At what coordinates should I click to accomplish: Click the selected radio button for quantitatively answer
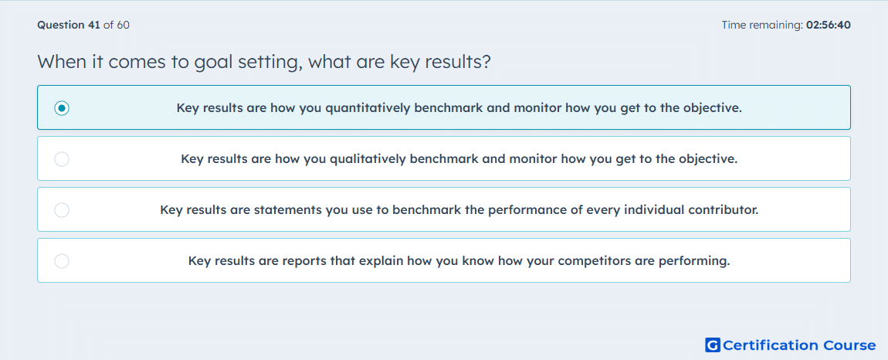pos(62,107)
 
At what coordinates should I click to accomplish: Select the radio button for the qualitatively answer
pos(62,159)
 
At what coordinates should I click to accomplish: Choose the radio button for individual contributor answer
pos(62,210)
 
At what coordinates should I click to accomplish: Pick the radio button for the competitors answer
pos(62,261)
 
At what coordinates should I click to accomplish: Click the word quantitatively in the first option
pos(368,107)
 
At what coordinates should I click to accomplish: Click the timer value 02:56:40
pos(828,25)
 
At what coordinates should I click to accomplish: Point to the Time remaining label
pos(762,25)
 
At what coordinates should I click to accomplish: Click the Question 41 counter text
pos(69,25)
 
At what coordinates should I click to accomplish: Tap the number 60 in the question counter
pos(123,25)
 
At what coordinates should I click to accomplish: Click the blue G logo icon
pos(713,345)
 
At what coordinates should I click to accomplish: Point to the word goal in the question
pos(209,63)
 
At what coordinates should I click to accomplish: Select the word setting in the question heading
pos(265,63)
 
